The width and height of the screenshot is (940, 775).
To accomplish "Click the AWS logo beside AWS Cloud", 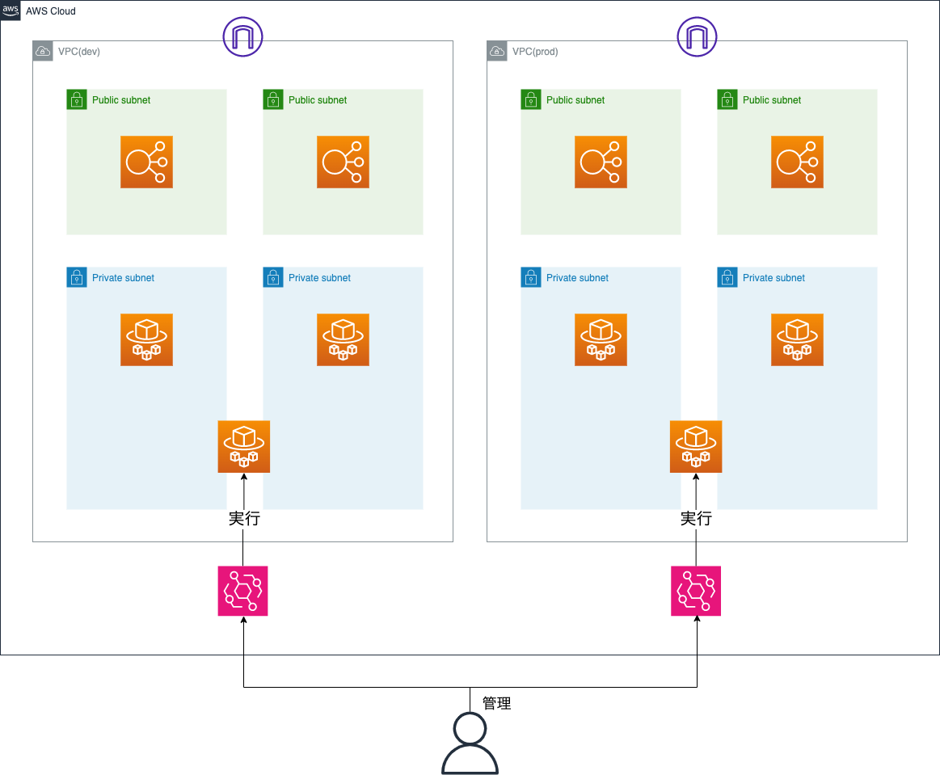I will (11, 11).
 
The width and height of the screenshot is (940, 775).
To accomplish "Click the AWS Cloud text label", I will (51, 11).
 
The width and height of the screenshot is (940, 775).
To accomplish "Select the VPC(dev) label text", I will (79, 52).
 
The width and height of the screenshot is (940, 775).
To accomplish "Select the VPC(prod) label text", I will (535, 52).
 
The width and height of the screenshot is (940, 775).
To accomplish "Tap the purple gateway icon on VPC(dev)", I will (243, 36).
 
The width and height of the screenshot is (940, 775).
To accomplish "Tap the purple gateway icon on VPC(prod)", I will (698, 36).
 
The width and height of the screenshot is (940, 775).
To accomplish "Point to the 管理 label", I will (496, 704).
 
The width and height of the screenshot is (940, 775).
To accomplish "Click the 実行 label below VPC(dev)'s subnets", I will (244, 519).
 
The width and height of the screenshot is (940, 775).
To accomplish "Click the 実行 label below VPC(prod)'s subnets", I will (696, 519).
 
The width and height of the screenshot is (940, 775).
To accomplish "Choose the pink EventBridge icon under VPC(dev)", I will (243, 591).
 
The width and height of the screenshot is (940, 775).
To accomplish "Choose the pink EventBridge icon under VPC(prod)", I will (696, 591).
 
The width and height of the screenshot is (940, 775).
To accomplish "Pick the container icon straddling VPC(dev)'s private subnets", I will (243, 446).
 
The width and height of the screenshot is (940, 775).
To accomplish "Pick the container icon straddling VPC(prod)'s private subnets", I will (696, 446).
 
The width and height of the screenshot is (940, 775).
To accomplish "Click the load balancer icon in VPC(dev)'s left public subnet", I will (146, 162).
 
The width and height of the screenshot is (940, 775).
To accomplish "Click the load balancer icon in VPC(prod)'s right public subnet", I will (797, 162).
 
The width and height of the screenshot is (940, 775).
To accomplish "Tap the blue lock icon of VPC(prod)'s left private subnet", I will (531, 277).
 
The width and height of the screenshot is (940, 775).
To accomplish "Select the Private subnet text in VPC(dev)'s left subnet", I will (123, 278).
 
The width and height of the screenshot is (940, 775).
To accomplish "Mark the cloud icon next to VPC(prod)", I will (497, 52).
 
